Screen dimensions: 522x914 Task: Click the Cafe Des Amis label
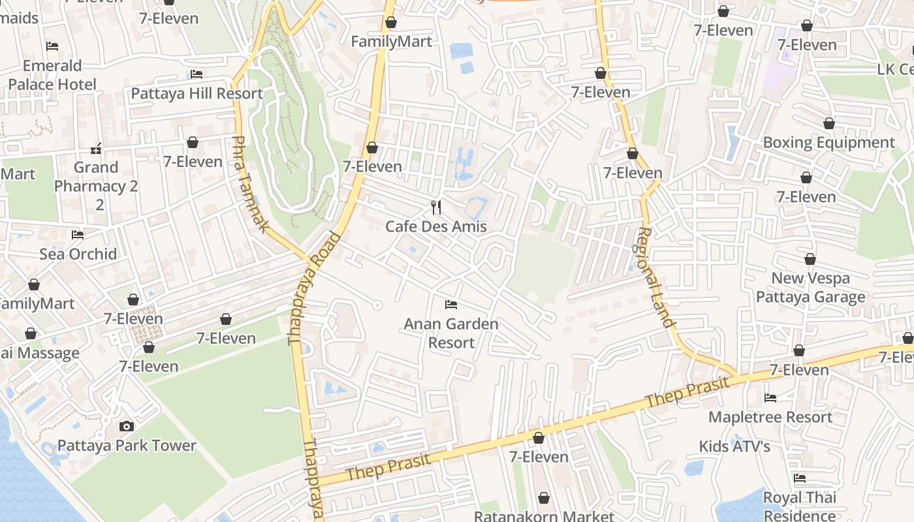(x=436, y=226)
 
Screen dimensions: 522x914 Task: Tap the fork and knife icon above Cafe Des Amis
(x=436, y=207)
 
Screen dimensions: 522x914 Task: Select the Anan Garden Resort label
(x=451, y=333)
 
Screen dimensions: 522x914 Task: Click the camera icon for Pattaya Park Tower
(x=127, y=426)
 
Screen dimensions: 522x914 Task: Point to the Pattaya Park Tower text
(x=127, y=446)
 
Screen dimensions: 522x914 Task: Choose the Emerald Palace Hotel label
(x=52, y=75)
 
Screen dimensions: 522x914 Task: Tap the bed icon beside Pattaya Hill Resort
(x=197, y=74)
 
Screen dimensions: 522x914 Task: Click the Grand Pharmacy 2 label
(x=96, y=186)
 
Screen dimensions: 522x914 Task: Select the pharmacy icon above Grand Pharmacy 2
(x=96, y=149)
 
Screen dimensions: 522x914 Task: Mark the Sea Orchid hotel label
(x=78, y=254)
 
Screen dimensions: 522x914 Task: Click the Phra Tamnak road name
(x=251, y=185)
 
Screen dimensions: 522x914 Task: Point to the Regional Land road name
(x=654, y=277)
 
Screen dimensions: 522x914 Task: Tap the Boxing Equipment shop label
(x=828, y=142)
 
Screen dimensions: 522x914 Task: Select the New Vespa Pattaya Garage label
(x=810, y=288)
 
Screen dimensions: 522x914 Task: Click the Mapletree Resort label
(x=770, y=417)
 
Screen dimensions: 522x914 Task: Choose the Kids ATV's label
(x=734, y=446)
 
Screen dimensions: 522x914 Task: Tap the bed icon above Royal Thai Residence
(x=800, y=478)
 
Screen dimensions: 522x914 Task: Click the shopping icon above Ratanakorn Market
(x=544, y=499)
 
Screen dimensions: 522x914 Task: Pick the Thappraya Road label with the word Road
(x=314, y=288)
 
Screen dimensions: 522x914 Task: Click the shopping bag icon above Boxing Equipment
(x=828, y=123)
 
